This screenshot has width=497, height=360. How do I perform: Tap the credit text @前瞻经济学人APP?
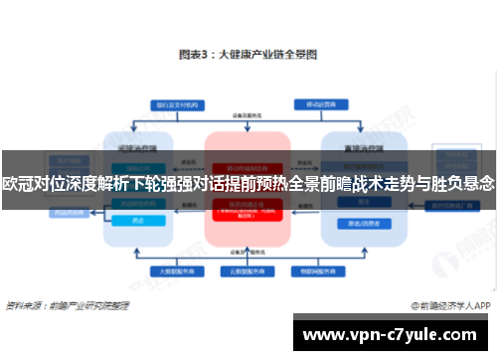coord(447,306)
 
